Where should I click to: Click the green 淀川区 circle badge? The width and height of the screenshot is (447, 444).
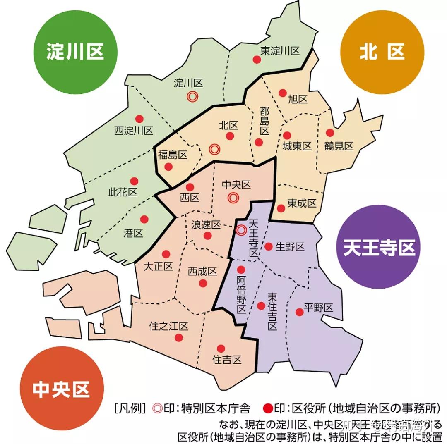[74, 53]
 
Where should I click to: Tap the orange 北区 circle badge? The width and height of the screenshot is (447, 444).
[382, 53]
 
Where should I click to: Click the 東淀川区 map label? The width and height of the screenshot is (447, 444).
[280, 51]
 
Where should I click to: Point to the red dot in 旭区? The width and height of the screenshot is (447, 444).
[282, 93]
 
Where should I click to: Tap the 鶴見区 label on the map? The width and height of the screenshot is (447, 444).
[339, 146]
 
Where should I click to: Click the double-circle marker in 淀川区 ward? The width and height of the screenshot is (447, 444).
[191, 96]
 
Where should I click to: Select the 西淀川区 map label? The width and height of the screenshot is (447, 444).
[134, 131]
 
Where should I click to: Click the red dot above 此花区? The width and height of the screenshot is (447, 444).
[134, 181]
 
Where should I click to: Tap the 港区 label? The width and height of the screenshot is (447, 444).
[133, 233]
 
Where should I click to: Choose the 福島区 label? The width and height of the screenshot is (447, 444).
[173, 155]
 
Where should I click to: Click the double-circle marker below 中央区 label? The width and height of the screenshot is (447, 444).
[233, 198]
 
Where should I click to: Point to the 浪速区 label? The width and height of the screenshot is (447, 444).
[206, 225]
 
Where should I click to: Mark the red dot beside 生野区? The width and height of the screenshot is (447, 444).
[268, 247]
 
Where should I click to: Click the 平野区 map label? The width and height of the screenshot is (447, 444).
[318, 308]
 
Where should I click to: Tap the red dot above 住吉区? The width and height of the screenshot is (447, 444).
[221, 348]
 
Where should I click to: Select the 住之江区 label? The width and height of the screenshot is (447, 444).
[168, 326]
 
